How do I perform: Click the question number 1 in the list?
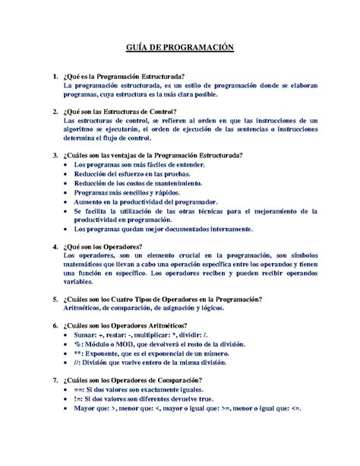49,77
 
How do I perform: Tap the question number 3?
49,155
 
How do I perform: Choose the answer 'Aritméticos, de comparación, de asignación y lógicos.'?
150,308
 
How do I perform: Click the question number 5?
49,299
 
